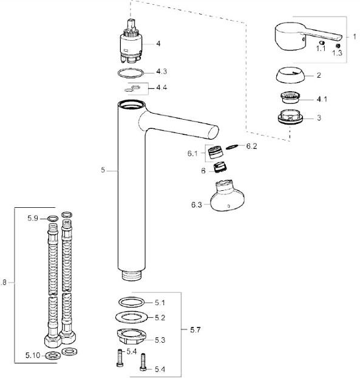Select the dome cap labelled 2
click(x=290, y=75)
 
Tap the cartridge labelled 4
click(x=131, y=43)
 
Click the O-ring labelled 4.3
click(x=131, y=73)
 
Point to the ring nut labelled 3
click(x=290, y=117)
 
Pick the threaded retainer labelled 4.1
click(x=290, y=97)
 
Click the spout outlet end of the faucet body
click(x=213, y=132)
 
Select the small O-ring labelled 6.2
click(x=232, y=147)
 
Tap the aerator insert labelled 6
click(x=220, y=167)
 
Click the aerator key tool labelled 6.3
click(x=227, y=196)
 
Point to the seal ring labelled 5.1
click(x=132, y=302)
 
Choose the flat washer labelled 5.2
click(x=132, y=317)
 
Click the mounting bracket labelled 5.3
click(x=132, y=337)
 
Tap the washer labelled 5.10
click(x=53, y=356)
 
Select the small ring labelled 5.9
click(x=53, y=219)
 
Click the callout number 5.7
click(x=195, y=329)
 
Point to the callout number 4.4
click(x=161, y=88)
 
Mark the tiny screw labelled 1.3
click(x=338, y=46)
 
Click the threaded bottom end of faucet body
click(x=132, y=275)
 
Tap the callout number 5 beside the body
click(x=103, y=170)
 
